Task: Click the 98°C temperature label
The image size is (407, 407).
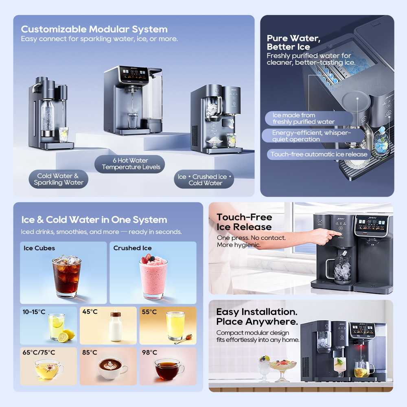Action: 149,352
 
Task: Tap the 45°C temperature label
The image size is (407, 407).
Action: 90,311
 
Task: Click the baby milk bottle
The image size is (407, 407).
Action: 116,326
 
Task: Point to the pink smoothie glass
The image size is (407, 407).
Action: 153,277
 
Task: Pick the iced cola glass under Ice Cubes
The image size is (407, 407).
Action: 67,276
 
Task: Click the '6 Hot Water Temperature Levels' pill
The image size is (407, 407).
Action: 129,164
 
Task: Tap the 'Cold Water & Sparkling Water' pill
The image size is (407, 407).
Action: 58,179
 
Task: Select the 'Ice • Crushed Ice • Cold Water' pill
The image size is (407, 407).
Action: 204,179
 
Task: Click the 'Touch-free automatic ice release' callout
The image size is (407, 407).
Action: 319,154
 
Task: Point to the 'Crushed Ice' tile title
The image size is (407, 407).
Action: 132,248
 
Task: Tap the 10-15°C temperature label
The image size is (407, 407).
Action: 34,312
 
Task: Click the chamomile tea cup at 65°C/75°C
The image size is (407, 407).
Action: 49,369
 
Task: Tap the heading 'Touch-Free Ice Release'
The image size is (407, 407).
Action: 244,222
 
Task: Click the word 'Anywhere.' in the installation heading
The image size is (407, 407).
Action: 272,322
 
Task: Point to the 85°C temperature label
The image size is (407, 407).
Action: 90,352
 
